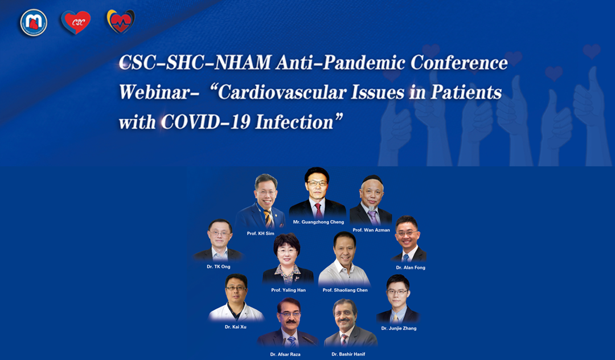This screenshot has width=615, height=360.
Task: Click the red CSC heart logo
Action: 76,22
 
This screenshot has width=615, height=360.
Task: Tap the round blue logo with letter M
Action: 34,22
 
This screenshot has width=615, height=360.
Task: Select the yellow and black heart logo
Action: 121,21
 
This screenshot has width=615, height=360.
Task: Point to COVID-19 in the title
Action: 206,122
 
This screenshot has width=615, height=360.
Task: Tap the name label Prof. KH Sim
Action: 260,234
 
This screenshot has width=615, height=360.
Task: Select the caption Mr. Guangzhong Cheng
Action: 318,222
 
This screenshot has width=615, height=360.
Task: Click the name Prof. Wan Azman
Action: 371,230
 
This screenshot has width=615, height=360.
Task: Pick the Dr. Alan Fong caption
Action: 411,268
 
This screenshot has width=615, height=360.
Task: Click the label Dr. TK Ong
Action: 219,267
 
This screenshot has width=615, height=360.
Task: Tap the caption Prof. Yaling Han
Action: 288,290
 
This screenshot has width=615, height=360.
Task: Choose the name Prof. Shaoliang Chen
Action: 345,290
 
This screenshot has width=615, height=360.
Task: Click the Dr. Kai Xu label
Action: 236,326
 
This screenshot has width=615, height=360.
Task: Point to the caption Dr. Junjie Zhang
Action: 399,328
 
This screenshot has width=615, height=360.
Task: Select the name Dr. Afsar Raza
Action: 285,354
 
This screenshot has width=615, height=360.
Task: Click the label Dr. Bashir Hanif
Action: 348,354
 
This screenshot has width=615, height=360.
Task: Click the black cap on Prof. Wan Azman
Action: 372,180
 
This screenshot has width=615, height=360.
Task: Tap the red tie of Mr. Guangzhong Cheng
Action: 319,211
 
